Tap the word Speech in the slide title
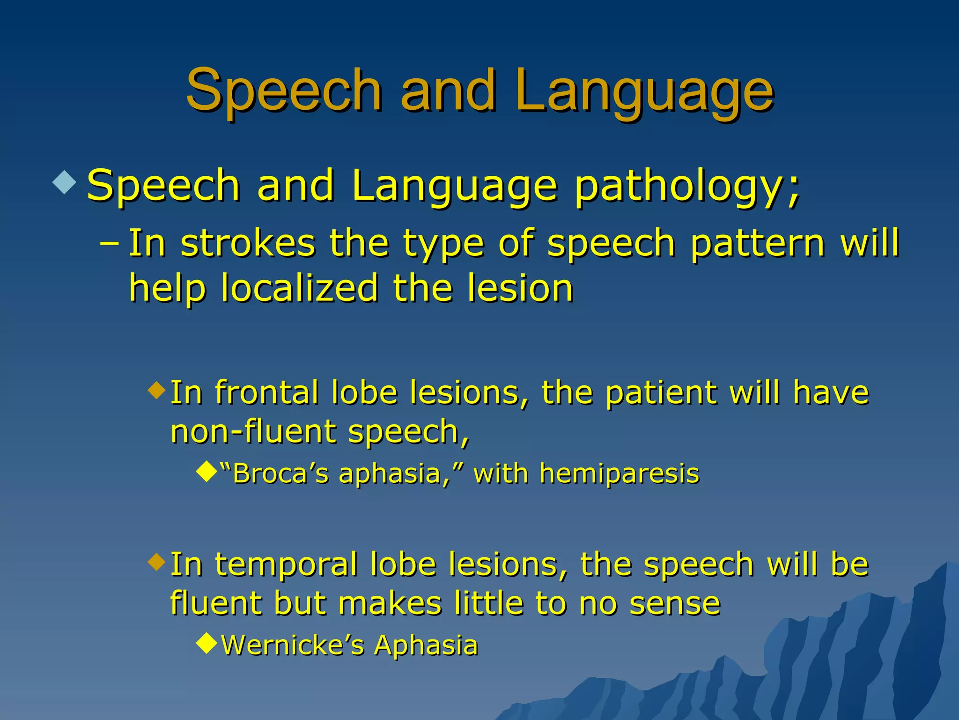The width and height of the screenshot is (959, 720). tap(284, 91)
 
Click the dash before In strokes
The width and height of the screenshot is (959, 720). tap(110, 243)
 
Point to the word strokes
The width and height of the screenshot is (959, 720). tap(248, 243)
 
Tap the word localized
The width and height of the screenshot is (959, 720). tap(299, 288)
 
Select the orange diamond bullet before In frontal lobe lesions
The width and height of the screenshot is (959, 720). tap(156, 390)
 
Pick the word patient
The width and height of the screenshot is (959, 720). tap(661, 392)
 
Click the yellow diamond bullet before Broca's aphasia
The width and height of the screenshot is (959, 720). tap(207, 472)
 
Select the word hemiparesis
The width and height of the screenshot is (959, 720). tap(619, 473)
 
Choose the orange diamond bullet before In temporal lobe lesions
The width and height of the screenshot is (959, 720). tap(156, 561)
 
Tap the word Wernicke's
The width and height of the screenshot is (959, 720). tap(293, 645)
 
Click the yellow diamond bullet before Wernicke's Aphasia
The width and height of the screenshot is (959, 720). tap(207, 643)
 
